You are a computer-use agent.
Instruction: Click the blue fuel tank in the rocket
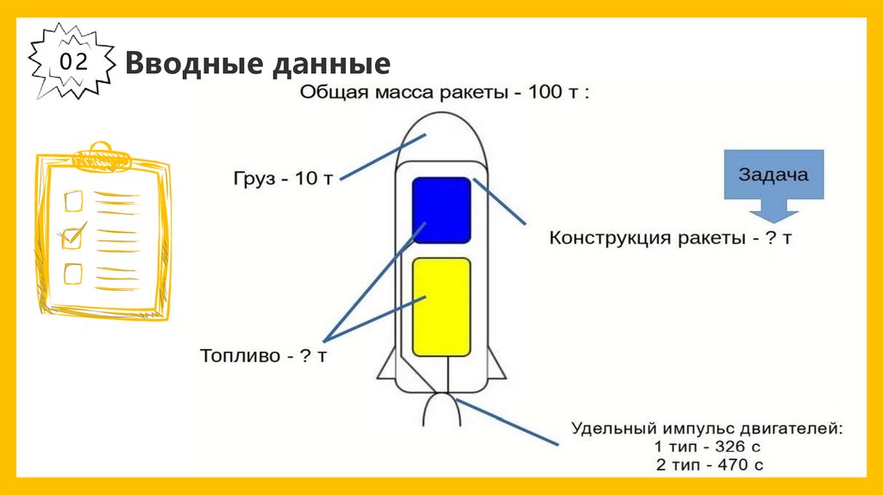441,210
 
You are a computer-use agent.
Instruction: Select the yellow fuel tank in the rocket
441,307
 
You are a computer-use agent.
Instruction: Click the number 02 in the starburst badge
72,62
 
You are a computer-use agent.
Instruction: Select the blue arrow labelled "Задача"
773,185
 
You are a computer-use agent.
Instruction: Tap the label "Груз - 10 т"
282,179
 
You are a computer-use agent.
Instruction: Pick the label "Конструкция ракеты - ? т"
671,237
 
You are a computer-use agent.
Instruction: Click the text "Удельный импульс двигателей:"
706,428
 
